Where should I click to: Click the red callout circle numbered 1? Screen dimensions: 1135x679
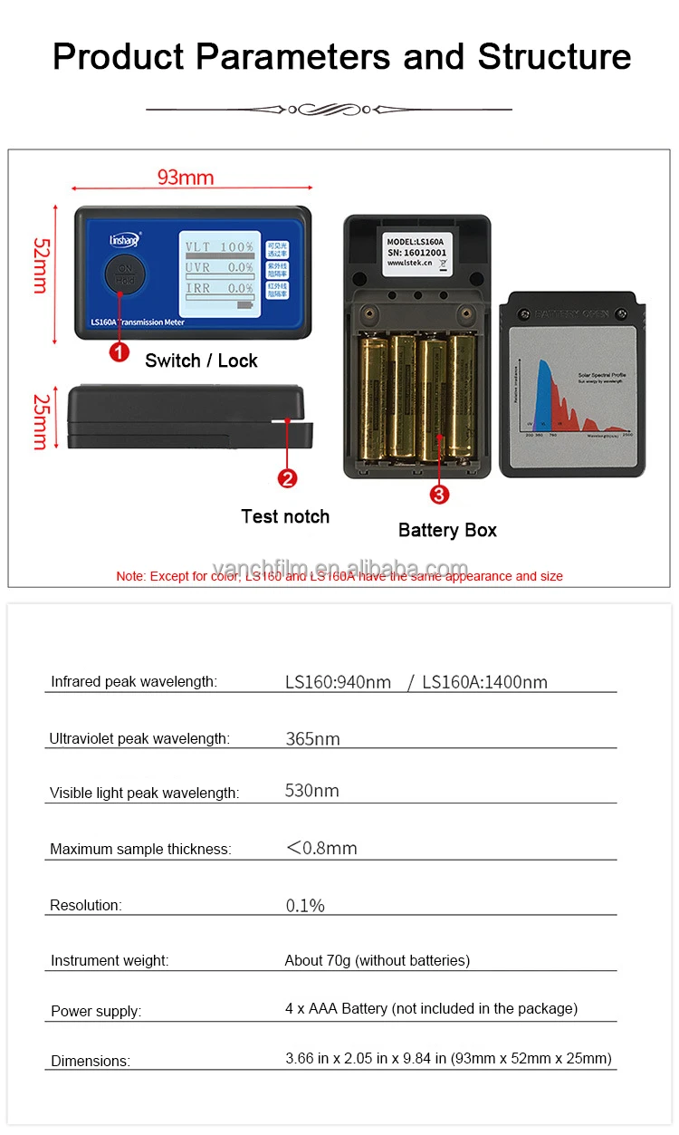click(x=119, y=351)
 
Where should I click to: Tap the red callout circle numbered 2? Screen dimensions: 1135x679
click(x=288, y=478)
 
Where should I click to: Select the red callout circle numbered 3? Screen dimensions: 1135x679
click(x=439, y=494)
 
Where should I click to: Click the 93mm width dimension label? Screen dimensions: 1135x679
click(x=186, y=177)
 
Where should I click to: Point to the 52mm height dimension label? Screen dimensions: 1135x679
click(x=41, y=265)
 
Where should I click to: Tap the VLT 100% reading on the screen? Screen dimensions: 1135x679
click(x=220, y=246)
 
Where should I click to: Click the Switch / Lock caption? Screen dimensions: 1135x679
click(x=201, y=361)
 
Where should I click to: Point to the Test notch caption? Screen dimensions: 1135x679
click(x=285, y=516)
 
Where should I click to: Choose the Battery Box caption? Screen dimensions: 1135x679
click(x=447, y=530)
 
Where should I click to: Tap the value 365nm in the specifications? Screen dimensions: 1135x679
click(x=312, y=738)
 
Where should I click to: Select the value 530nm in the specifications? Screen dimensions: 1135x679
click(x=311, y=791)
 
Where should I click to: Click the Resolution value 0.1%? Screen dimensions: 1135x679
click(x=305, y=905)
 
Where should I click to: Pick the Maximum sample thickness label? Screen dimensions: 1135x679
click(x=140, y=849)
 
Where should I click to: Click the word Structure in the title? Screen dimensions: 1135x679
click(x=554, y=56)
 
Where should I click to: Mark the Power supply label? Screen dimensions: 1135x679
click(x=96, y=1011)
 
